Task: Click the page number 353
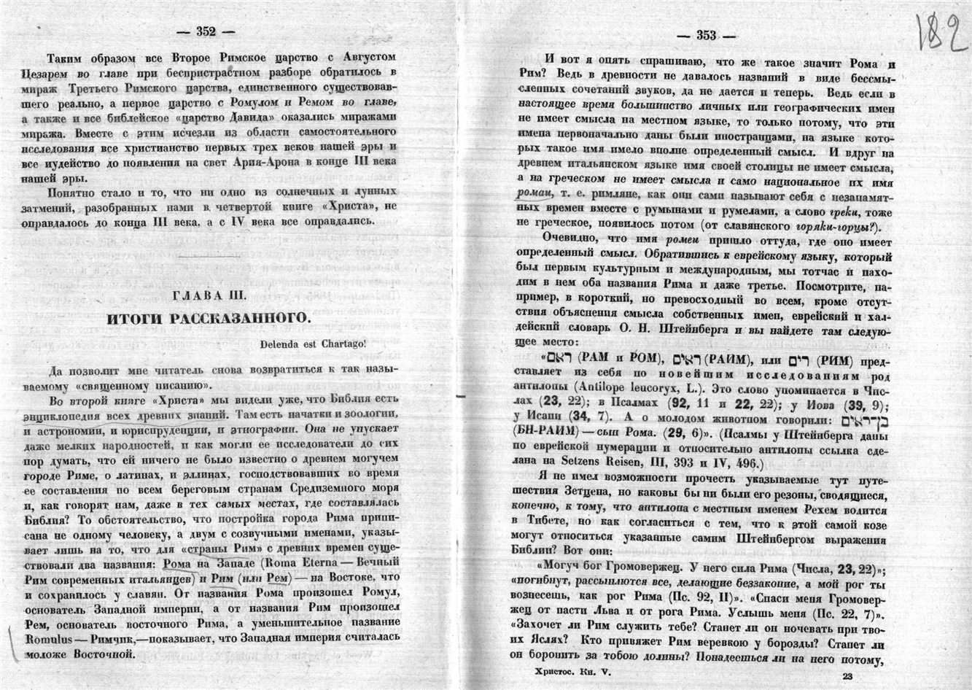click(x=706, y=35)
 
